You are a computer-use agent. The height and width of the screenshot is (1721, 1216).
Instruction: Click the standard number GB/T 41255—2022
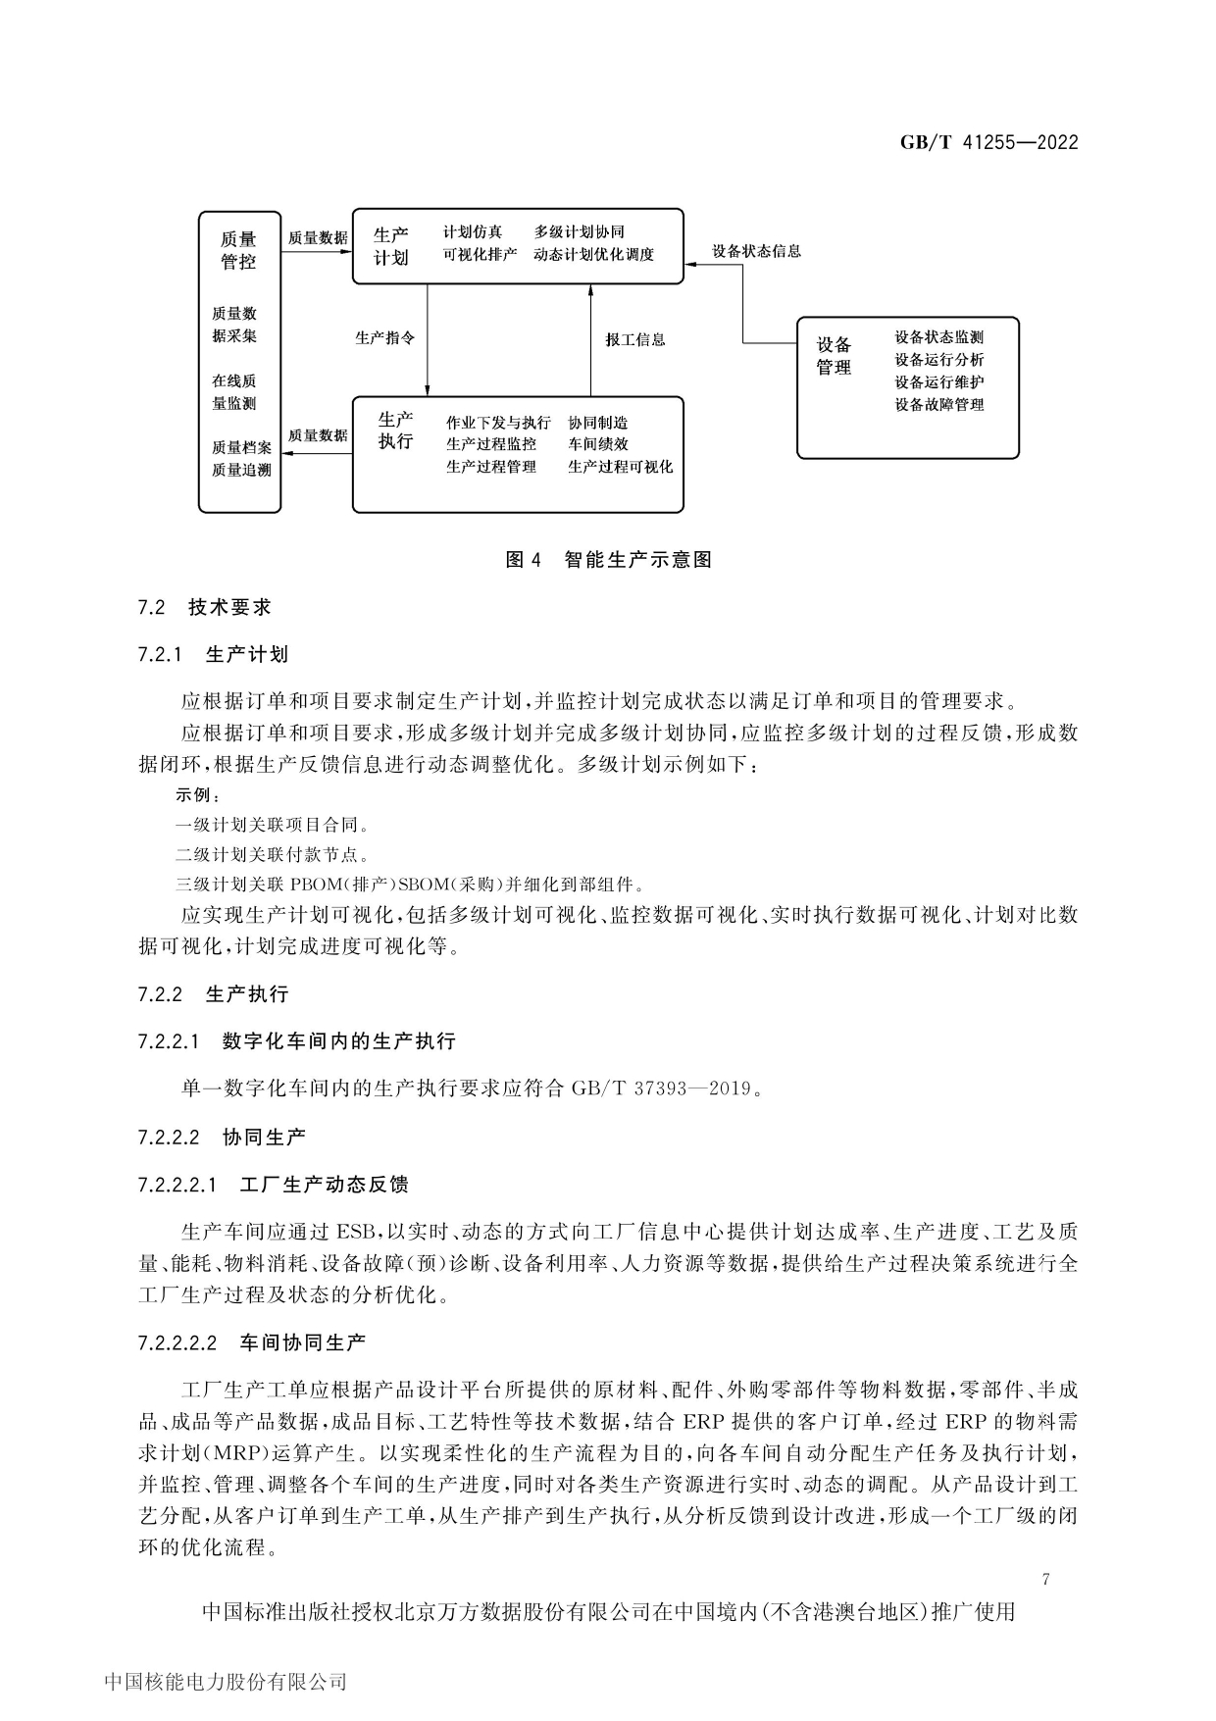(988, 142)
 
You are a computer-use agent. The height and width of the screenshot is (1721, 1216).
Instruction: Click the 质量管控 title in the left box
(238, 250)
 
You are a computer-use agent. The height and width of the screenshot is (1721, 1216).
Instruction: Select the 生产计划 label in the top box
(391, 246)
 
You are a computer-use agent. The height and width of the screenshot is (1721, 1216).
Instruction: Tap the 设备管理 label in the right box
(835, 356)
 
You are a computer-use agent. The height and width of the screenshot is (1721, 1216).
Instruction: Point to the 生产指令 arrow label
(384, 338)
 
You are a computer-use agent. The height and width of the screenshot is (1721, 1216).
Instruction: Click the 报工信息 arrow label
(635, 339)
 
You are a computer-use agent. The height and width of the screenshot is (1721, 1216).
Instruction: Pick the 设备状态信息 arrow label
(756, 251)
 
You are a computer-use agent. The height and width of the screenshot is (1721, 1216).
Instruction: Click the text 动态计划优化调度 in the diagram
(593, 255)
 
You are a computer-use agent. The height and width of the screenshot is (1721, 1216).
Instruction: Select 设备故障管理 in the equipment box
(938, 404)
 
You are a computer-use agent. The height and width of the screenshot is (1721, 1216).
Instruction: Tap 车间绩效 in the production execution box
(598, 444)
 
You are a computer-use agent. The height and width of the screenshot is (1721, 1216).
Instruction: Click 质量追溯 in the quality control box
(241, 470)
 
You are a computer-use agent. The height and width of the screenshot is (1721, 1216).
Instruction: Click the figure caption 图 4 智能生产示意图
(608, 560)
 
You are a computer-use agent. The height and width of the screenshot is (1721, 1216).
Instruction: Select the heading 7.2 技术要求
(205, 607)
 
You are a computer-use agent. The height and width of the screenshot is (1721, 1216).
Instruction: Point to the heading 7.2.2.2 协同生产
(222, 1137)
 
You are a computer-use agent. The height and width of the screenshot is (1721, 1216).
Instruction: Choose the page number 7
(1046, 1580)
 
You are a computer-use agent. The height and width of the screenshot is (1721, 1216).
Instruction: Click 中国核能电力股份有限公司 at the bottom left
(226, 1683)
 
